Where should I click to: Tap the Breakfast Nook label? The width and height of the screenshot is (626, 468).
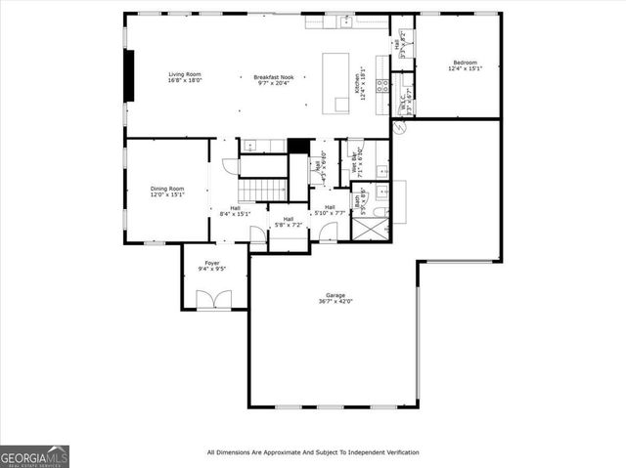pos(273,77)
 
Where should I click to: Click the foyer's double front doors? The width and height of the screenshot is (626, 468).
pos(214,301)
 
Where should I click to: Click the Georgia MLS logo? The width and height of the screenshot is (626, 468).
pos(34,456)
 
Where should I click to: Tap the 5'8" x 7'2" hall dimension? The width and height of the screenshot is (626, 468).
pos(289,225)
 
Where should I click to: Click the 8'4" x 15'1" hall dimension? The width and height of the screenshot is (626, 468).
pos(236,213)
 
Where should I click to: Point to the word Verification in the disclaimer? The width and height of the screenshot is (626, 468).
pos(396,452)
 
